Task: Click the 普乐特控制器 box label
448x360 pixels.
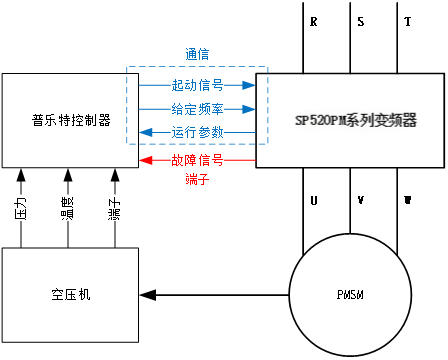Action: coord(70,120)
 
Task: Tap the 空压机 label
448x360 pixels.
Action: coord(70,295)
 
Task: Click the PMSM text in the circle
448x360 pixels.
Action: coord(350,297)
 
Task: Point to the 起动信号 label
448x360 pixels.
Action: coord(196,85)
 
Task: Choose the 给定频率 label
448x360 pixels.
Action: coord(196,109)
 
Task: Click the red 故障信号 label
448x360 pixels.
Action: coord(196,160)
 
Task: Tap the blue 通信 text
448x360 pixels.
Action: coord(197,54)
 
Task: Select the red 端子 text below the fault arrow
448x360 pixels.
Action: coord(197,180)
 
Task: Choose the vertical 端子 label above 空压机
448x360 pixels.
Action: coord(114,208)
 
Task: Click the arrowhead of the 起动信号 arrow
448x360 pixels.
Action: coord(251,85)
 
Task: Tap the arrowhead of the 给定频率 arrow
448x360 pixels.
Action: coord(251,109)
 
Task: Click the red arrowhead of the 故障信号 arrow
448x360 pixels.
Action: coord(144,160)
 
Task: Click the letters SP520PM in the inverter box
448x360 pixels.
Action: coord(320,120)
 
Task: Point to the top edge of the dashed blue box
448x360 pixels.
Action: coord(197,67)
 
